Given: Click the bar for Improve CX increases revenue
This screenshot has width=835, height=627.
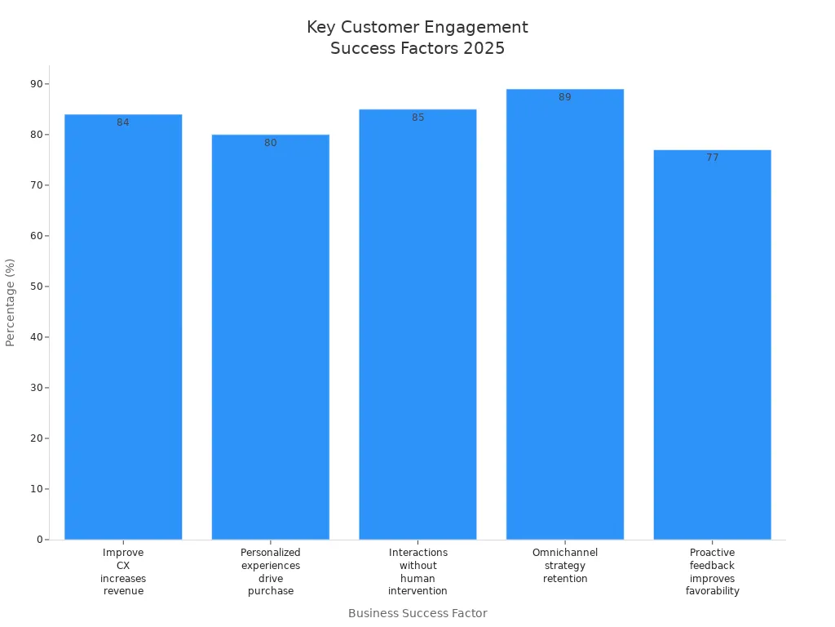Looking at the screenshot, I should tap(123, 327).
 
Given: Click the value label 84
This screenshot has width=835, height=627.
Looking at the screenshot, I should tap(123, 122).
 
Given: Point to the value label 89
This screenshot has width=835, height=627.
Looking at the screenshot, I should tap(565, 97).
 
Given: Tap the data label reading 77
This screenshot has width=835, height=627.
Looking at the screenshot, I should tap(712, 158).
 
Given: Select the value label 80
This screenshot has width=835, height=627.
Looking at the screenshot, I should tap(271, 143).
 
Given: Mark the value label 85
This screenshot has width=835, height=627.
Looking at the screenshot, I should tap(417, 118).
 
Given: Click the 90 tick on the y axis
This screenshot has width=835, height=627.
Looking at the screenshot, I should tap(37, 84).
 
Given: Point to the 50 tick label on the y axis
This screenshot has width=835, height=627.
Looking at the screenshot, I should tap(37, 287).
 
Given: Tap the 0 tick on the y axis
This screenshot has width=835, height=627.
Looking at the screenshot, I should tap(39, 540).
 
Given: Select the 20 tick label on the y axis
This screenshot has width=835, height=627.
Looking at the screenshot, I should tap(37, 438).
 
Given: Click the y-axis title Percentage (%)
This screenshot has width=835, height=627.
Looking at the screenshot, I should tap(11, 302).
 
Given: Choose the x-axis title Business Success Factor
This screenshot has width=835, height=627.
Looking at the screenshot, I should tap(417, 613).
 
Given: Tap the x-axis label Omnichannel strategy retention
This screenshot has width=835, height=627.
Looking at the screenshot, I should tap(565, 566).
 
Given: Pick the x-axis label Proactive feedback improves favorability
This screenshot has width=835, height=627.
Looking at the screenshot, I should tap(712, 571).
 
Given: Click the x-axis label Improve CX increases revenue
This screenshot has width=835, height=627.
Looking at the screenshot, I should tap(123, 571).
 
